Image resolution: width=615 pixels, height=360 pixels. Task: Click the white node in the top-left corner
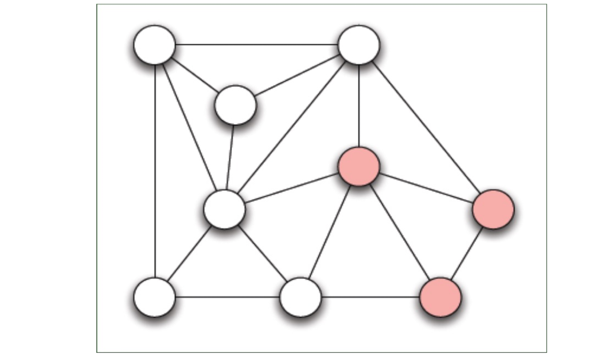[154, 45]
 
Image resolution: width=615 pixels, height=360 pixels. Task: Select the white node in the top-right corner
[358, 45]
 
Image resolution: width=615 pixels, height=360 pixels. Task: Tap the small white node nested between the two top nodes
[235, 105]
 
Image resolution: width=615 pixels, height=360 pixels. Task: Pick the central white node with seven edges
[224, 209]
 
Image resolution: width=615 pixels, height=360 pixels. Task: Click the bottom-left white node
[154, 297]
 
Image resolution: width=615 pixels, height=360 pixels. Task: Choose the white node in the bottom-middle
[301, 297]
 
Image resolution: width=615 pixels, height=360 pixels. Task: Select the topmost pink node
[359, 167]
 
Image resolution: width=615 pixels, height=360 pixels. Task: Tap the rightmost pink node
[493, 209]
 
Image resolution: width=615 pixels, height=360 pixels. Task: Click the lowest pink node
[440, 297]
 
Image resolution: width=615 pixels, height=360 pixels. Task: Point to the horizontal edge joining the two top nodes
[257, 45]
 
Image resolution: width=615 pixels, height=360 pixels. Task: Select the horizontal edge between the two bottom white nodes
[228, 297]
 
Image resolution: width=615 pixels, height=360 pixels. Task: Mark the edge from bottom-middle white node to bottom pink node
[371, 297]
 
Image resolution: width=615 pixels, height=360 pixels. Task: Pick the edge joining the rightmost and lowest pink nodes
[467, 253]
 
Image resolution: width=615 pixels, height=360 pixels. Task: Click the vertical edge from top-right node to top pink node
[359, 106]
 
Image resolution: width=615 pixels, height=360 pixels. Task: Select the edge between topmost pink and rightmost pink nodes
[426, 188]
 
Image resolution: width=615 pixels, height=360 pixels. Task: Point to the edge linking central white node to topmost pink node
[292, 188]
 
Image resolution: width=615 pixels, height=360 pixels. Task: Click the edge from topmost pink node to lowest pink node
[400, 232]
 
